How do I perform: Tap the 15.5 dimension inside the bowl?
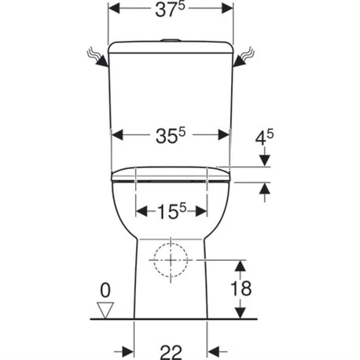171,211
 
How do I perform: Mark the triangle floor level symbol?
105,308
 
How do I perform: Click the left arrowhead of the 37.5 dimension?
114,10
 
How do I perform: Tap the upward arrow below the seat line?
265,188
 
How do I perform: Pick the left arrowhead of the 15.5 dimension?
142,211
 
